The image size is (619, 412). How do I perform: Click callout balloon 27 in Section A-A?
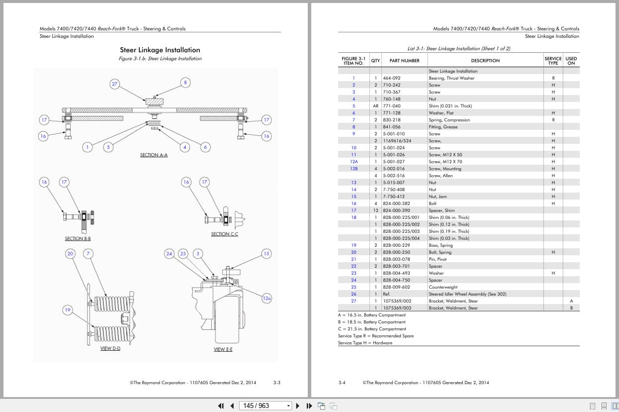[x=115, y=84]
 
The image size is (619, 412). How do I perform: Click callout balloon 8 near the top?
[x=185, y=83]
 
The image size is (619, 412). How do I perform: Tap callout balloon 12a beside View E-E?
[x=267, y=299]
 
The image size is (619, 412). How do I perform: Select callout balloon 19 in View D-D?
[x=68, y=310]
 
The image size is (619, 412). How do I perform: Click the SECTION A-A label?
[x=154, y=155]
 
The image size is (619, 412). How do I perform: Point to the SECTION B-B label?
[x=78, y=239]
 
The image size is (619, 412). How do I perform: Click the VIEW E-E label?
[x=223, y=349]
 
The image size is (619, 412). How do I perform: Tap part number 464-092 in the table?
[x=391, y=78]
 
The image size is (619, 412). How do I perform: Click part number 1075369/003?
[x=397, y=308]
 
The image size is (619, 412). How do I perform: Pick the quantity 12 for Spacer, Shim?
[x=375, y=210]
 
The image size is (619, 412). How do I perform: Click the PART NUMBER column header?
[x=404, y=61]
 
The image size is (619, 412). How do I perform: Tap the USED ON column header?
[x=571, y=61]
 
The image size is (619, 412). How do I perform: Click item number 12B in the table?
[x=354, y=169]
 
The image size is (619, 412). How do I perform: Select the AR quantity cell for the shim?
[x=375, y=106]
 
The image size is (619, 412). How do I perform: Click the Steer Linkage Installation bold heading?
[x=160, y=50]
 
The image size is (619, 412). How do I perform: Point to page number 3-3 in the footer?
[x=277, y=383]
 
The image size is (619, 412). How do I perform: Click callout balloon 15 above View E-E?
[x=266, y=254]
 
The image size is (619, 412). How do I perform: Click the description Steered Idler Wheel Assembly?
[x=467, y=294]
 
